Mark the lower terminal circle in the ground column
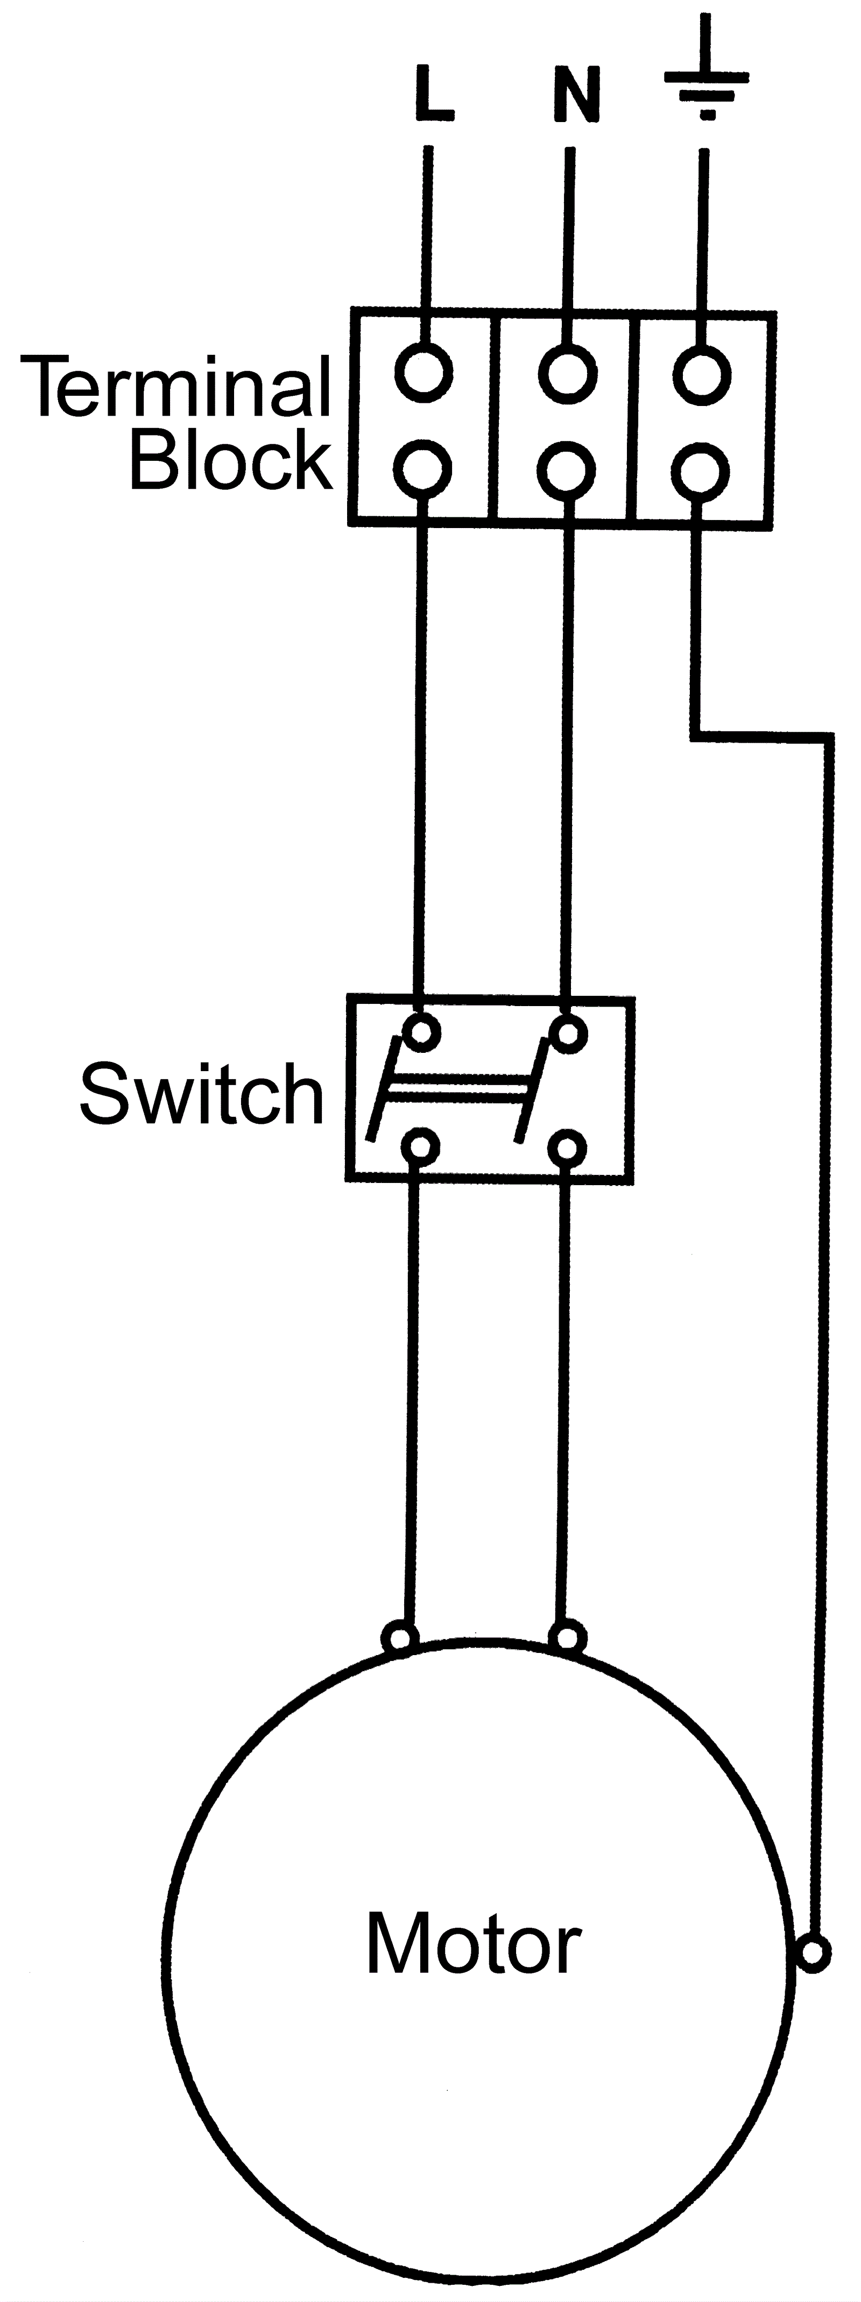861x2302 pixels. coord(701,471)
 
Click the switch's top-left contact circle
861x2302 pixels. coord(421,1032)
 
